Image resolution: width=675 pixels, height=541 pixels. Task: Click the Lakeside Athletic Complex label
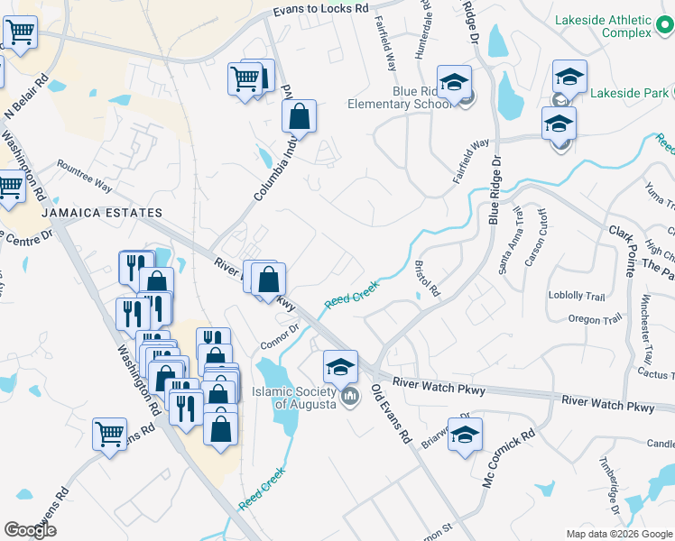(602, 26)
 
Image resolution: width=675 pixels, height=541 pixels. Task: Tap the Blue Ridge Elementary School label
(400, 97)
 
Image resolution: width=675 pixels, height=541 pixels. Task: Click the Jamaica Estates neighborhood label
(101, 213)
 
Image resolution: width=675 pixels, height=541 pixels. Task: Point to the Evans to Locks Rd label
(321, 9)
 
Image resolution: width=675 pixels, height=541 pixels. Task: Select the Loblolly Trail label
(576, 296)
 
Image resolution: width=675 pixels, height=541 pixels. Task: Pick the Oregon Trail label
(596, 319)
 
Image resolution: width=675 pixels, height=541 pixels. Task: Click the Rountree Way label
(84, 177)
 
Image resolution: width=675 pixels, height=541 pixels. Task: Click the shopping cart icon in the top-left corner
(20, 33)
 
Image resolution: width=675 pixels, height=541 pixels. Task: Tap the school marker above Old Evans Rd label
(340, 366)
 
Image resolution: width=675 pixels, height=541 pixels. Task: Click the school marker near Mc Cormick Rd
(465, 434)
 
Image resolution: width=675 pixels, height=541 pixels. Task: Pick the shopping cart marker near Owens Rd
(109, 434)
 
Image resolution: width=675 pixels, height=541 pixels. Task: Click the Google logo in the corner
(31, 530)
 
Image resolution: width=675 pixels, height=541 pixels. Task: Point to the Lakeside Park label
(629, 93)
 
